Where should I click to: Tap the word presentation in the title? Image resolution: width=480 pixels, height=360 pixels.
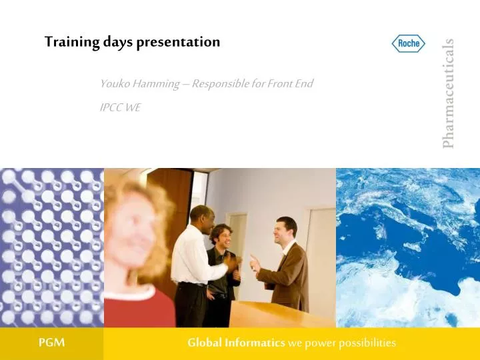coord(178,42)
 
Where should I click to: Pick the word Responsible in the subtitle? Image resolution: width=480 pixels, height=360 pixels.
coord(221,84)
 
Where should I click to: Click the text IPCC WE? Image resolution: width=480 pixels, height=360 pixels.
coord(120,107)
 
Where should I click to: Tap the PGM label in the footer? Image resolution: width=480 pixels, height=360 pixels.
coord(51,343)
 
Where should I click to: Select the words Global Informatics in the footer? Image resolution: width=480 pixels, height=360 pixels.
coord(235,343)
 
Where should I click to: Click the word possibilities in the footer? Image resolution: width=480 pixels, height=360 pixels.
coord(365,343)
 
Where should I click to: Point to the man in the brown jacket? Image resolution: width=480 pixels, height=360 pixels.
coord(284,263)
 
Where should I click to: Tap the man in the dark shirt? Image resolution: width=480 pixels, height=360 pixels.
coord(222,267)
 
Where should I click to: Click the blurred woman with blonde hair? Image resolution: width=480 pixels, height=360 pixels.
coord(140,247)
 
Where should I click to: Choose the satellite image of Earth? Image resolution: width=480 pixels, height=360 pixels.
coord(407,247)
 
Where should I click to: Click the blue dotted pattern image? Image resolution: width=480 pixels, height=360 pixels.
coord(51,247)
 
